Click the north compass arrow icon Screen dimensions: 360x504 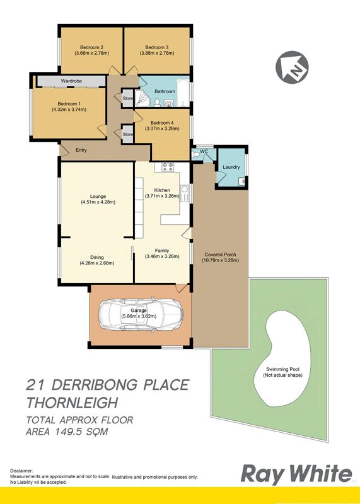[x=292, y=67]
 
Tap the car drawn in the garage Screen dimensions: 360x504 [x=141, y=314]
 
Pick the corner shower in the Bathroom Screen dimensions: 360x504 [x=142, y=98]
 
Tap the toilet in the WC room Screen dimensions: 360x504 [x=195, y=154]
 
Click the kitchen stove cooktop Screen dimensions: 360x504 [x=168, y=167]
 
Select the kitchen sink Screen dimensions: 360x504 [x=185, y=193]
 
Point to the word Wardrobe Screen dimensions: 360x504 [x=71, y=81]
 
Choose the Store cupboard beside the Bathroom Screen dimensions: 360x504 [x=127, y=98]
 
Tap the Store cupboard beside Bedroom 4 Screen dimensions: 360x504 [x=127, y=134]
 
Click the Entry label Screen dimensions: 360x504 [x=81, y=150]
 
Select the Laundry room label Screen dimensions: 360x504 [x=231, y=167]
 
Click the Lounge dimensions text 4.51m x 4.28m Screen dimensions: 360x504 [x=98, y=202]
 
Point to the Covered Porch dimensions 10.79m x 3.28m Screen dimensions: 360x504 [x=221, y=260]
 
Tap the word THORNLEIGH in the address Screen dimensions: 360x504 [x=73, y=403]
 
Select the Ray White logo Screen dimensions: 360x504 [x=296, y=475]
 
